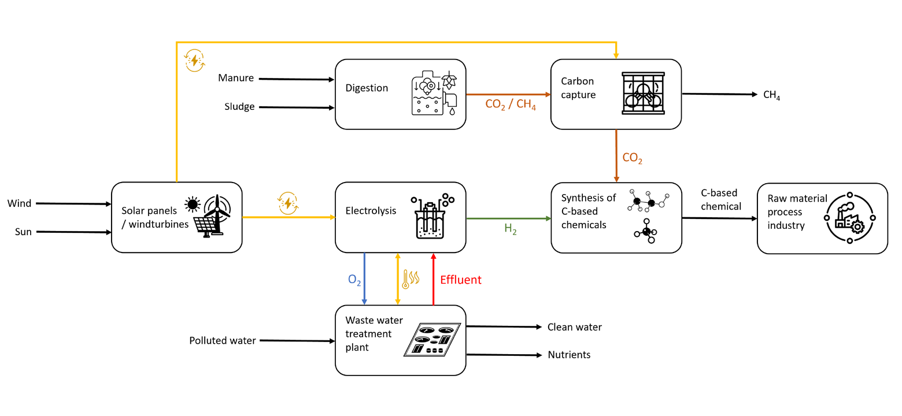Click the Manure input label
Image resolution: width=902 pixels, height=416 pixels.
click(x=236, y=78)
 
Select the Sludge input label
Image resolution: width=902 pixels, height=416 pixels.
click(x=239, y=106)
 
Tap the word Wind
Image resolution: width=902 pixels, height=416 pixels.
click(x=19, y=203)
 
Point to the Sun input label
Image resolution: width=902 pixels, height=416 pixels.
click(x=23, y=232)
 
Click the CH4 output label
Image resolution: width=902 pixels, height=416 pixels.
click(x=772, y=95)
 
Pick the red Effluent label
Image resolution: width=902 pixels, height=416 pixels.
click(x=461, y=280)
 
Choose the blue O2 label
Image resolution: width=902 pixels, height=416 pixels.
click(x=354, y=280)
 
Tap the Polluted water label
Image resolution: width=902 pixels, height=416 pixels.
click(x=223, y=340)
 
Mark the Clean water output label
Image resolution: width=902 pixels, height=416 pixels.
click(x=575, y=327)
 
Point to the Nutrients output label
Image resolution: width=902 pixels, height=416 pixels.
click(x=569, y=355)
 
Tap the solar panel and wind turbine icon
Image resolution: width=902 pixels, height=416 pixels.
click(x=208, y=216)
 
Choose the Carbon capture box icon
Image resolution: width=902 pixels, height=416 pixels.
click(x=643, y=93)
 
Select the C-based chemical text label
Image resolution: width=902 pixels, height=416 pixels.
click(x=720, y=199)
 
